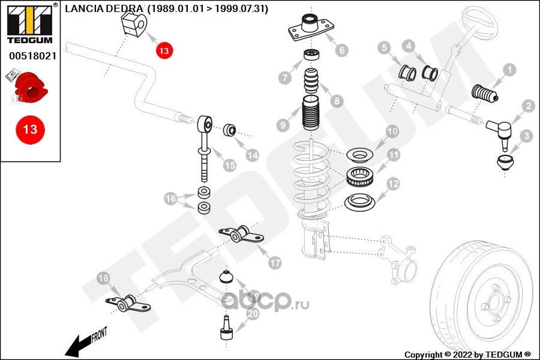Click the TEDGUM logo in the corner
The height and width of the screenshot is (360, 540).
(31, 23)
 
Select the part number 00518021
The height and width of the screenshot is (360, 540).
(33, 56)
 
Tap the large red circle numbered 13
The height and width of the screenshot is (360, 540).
(31, 130)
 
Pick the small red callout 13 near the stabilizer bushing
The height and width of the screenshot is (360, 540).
(164, 50)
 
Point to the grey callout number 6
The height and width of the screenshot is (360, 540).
(341, 50)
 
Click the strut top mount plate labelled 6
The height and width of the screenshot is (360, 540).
(311, 28)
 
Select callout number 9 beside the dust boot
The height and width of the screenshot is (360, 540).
(283, 125)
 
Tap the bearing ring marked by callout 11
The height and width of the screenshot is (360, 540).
(360, 177)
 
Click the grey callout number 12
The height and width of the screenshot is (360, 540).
(393, 184)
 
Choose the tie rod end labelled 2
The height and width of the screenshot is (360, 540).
(500, 132)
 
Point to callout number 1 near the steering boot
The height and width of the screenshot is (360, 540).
(509, 70)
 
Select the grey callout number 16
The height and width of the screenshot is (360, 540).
(170, 199)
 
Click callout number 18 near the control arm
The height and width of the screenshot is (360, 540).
(103, 278)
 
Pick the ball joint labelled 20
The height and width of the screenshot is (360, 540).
(227, 327)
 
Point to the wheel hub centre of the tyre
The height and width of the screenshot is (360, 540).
(495, 301)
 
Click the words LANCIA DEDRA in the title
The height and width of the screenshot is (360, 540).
(103, 8)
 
